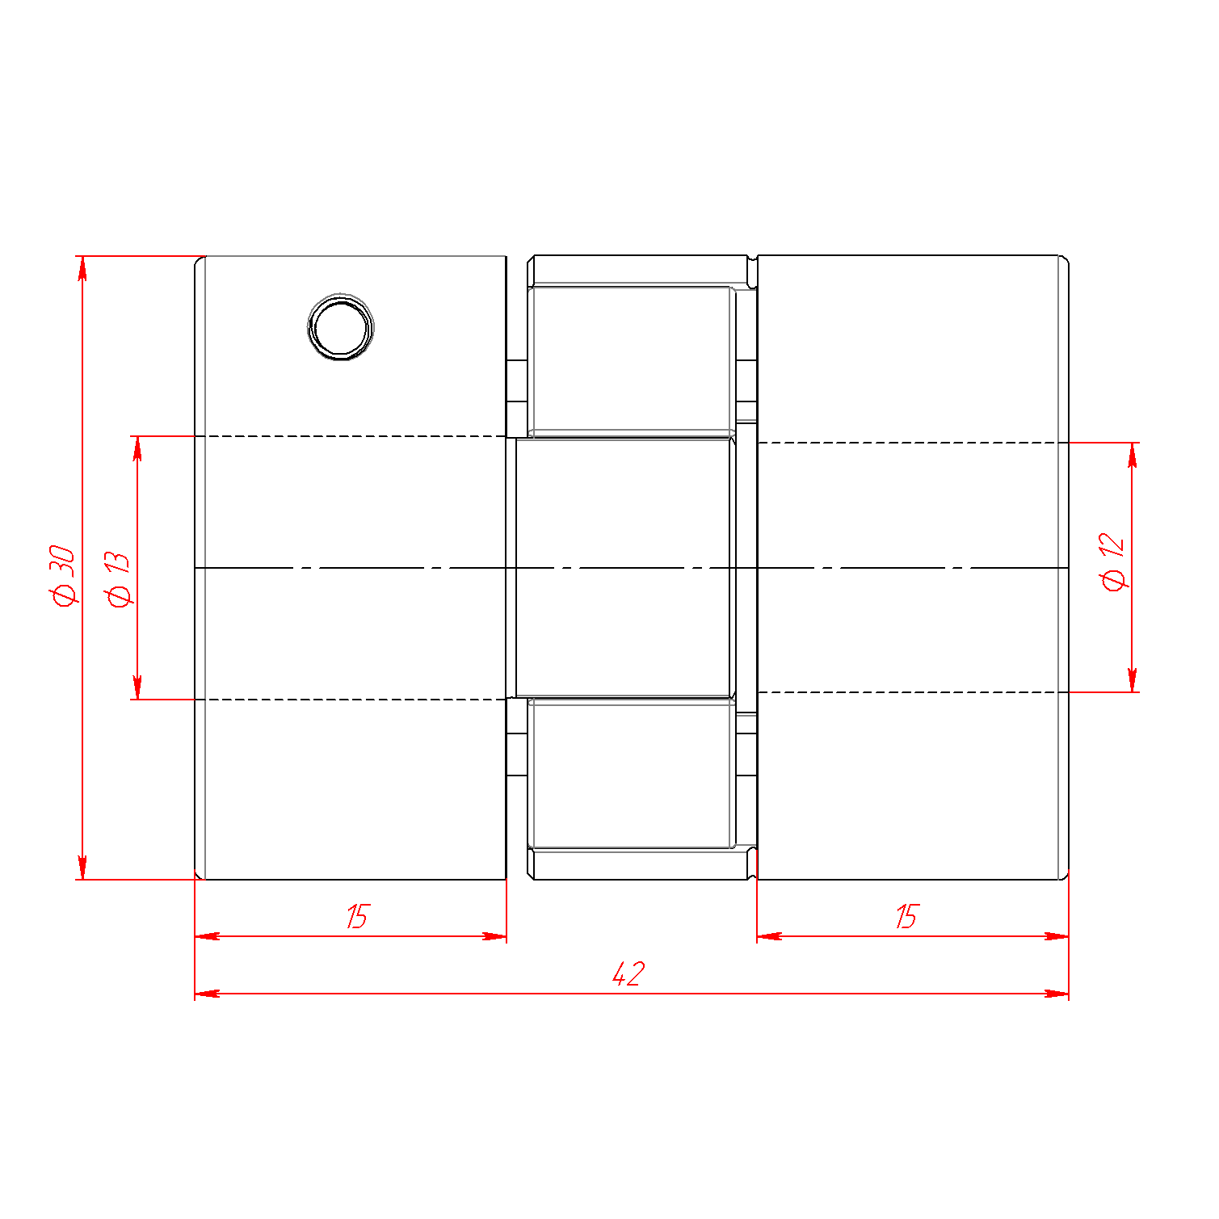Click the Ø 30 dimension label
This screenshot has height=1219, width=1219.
point(63,575)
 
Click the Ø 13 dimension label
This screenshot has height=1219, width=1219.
point(118,579)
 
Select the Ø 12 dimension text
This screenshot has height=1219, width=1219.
point(1113,561)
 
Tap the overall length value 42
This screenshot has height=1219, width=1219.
point(628,973)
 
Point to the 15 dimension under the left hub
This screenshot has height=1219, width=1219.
point(356,917)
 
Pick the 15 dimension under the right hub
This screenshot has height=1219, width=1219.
point(906,917)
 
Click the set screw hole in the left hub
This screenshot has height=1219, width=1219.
point(341,327)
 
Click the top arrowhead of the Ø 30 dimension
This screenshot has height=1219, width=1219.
point(82,269)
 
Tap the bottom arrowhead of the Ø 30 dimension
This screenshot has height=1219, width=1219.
point(82,867)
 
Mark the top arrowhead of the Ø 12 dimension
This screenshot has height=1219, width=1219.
point(1133,456)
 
